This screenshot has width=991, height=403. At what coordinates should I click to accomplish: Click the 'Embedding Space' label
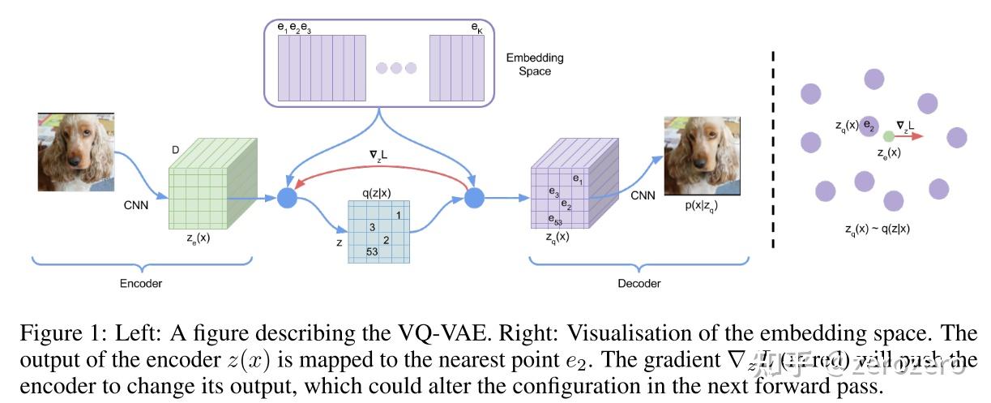[x=534, y=65]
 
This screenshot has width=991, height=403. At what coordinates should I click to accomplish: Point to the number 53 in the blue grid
[x=372, y=252]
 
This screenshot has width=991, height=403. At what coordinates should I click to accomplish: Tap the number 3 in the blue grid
[x=372, y=226]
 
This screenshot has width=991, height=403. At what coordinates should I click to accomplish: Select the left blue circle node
[x=285, y=197]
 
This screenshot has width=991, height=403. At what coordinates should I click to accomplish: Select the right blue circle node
[x=474, y=197]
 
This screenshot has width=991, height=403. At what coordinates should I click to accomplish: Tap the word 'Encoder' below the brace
[x=142, y=283]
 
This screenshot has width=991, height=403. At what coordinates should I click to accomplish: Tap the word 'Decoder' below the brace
[x=639, y=283]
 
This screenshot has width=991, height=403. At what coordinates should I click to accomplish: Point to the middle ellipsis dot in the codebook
[x=396, y=67]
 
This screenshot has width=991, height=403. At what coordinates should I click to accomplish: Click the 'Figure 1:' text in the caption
[x=56, y=335]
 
